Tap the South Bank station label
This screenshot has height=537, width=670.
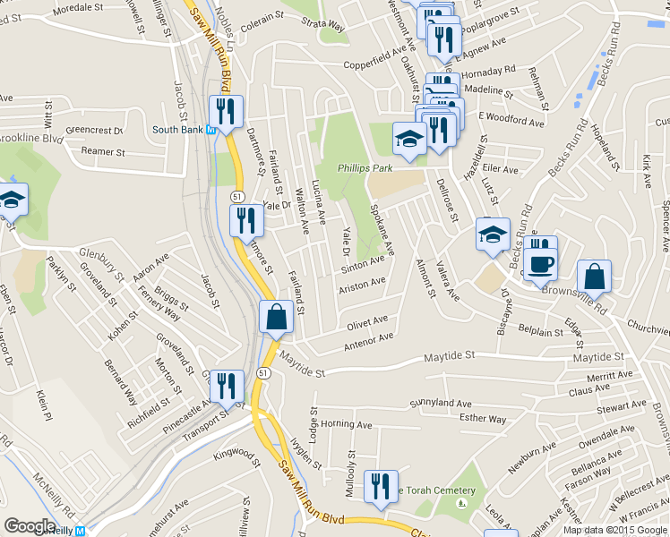pyautogui.click(x=178, y=130)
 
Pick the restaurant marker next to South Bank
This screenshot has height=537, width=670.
pyautogui.click(x=225, y=112)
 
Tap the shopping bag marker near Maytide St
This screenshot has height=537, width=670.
pyautogui.click(x=276, y=317)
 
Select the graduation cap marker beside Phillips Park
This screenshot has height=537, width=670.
pyautogui.click(x=409, y=139)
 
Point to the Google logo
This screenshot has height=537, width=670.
pyautogui.click(x=30, y=526)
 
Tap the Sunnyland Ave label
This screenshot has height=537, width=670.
pyautogui.click(x=441, y=404)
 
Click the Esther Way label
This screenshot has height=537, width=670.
pyautogui.click(x=482, y=418)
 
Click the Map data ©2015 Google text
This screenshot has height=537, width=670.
pyautogui.click(x=614, y=530)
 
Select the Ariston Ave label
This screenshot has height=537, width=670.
pyautogui.click(x=362, y=286)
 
